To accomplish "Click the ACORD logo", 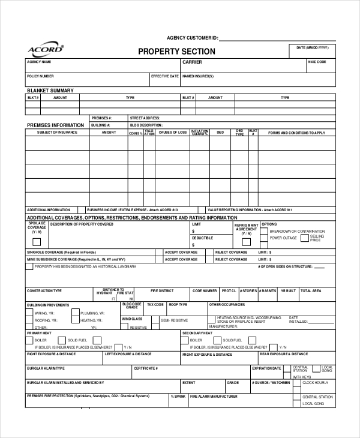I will point(44,49).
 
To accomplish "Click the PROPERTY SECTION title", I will point(176,52).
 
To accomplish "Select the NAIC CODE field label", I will point(317,62).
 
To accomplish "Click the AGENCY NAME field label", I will point(38,62).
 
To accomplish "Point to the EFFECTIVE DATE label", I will point(164,76).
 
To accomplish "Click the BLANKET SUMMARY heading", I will point(50,91).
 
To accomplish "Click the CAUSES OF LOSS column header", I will point(172,132).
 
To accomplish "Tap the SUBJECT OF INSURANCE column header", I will point(56,132).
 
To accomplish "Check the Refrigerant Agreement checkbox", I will point(246,242).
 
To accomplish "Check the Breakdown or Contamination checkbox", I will point(265,232).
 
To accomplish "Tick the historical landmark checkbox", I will point(29,266).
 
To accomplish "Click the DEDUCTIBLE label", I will point(202,238).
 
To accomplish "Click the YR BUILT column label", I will point(288,290).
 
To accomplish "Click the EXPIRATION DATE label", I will point(266,368).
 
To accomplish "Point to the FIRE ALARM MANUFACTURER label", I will point(214,397).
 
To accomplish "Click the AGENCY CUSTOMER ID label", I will point(193,37).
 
